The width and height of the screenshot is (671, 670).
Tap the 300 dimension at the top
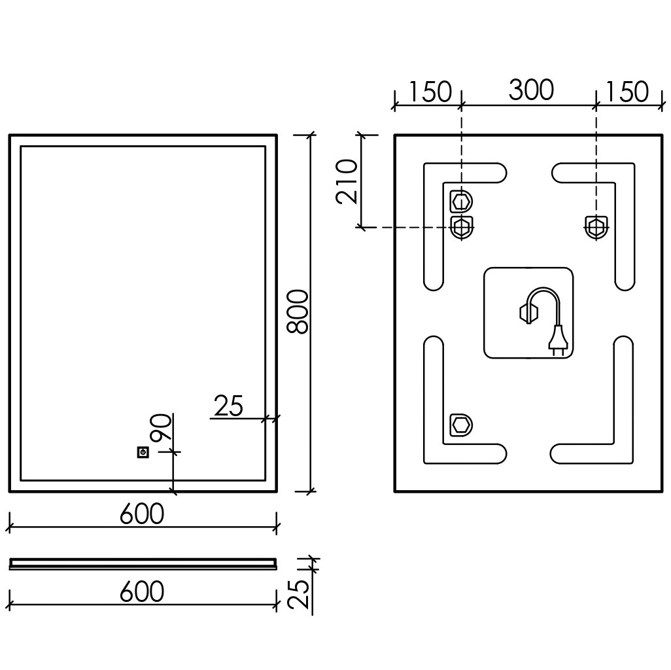(x=531, y=90)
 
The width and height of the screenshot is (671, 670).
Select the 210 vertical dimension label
(x=347, y=181)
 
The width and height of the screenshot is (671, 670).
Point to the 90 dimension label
(x=161, y=427)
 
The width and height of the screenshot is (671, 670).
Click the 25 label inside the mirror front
(x=228, y=406)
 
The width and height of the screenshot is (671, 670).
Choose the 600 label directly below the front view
(x=142, y=514)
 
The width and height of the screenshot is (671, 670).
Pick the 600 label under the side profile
(x=142, y=591)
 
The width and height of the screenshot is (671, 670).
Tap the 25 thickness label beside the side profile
(x=298, y=594)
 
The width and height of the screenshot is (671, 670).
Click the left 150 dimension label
(x=430, y=91)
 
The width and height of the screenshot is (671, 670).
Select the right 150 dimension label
(x=627, y=91)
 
